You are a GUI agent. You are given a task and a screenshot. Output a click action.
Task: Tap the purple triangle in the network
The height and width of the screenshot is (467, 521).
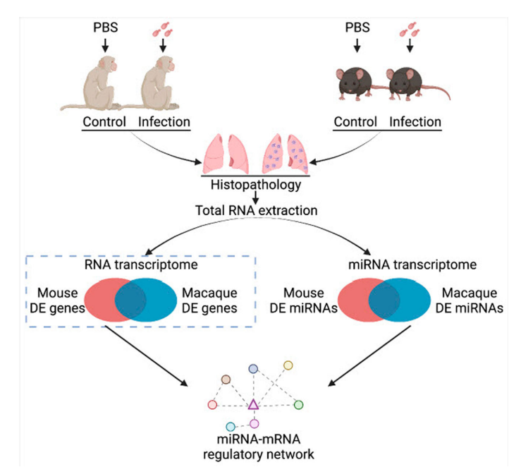(253, 404)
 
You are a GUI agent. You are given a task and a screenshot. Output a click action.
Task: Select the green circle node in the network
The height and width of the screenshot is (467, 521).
(298, 404)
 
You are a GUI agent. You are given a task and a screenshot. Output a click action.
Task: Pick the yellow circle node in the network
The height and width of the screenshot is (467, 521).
(288, 365)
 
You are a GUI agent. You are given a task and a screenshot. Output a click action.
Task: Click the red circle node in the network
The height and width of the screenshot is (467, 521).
(212, 404)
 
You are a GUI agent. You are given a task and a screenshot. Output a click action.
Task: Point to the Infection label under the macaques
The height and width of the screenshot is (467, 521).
(164, 121)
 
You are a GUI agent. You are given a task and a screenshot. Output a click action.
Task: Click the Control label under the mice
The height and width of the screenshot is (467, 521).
(355, 121)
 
